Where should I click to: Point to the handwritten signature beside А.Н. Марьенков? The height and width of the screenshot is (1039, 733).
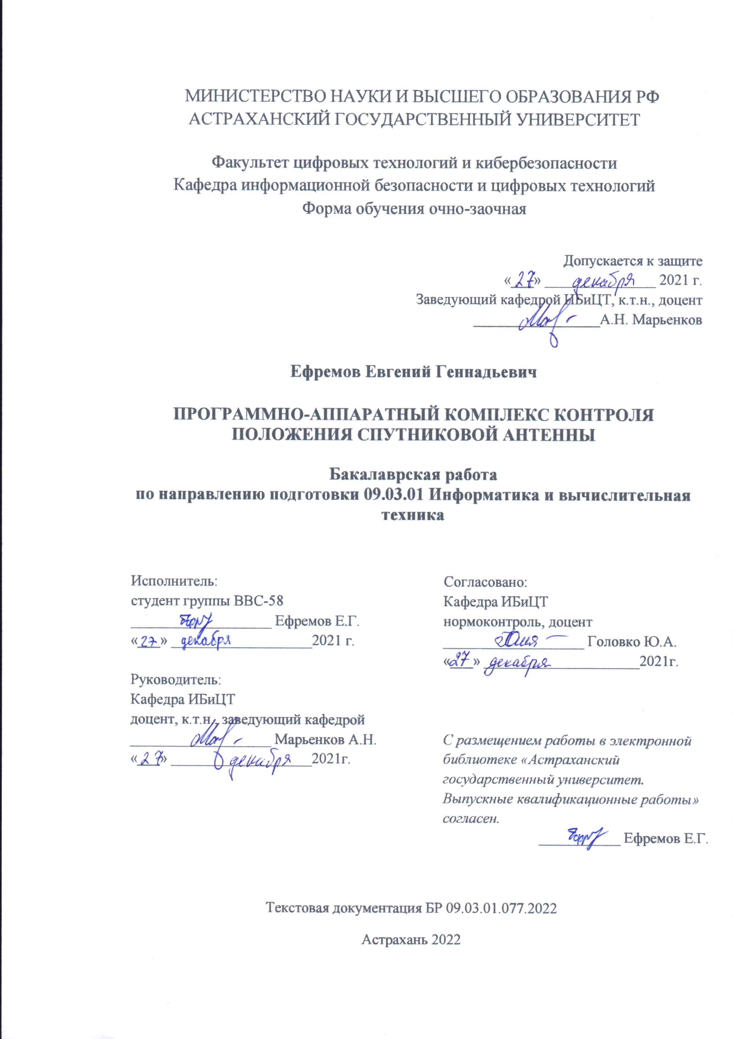coord(545,322)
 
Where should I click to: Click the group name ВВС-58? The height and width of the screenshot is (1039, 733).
coord(259,600)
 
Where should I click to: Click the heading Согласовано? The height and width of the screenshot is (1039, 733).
coord(486,582)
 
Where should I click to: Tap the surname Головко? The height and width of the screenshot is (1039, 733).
coord(613,642)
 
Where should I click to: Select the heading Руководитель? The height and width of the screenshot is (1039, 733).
coord(176,680)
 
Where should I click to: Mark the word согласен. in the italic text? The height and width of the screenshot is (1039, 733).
coord(471,819)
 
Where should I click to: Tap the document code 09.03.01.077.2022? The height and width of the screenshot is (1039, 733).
coord(501,908)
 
